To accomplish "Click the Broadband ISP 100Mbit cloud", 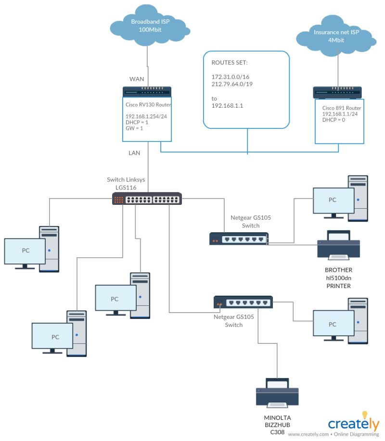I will [146, 26].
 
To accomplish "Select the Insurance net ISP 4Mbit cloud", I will [335, 38].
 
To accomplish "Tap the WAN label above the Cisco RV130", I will [137, 79].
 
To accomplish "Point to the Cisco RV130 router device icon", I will [147, 92].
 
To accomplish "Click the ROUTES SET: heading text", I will [230, 63].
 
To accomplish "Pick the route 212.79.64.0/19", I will [231, 84].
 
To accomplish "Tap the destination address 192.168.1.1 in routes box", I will [227, 105].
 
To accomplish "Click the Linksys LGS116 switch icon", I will [147, 199].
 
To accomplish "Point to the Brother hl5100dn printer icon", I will [338, 245].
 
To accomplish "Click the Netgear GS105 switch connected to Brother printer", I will [239, 239].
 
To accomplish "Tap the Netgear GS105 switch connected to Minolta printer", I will [243, 302].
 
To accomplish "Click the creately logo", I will [354, 423].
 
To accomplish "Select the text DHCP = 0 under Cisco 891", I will [334, 120].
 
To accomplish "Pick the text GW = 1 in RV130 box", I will [135, 128].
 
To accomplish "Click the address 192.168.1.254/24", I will [146, 116].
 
